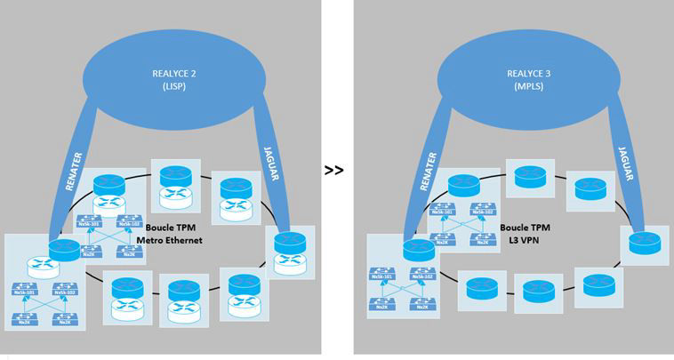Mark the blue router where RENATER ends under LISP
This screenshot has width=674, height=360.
click(x=64, y=251)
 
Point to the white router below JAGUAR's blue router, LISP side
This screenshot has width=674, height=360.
click(x=286, y=262)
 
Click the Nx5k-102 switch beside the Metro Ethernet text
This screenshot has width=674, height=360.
click(x=127, y=225)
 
